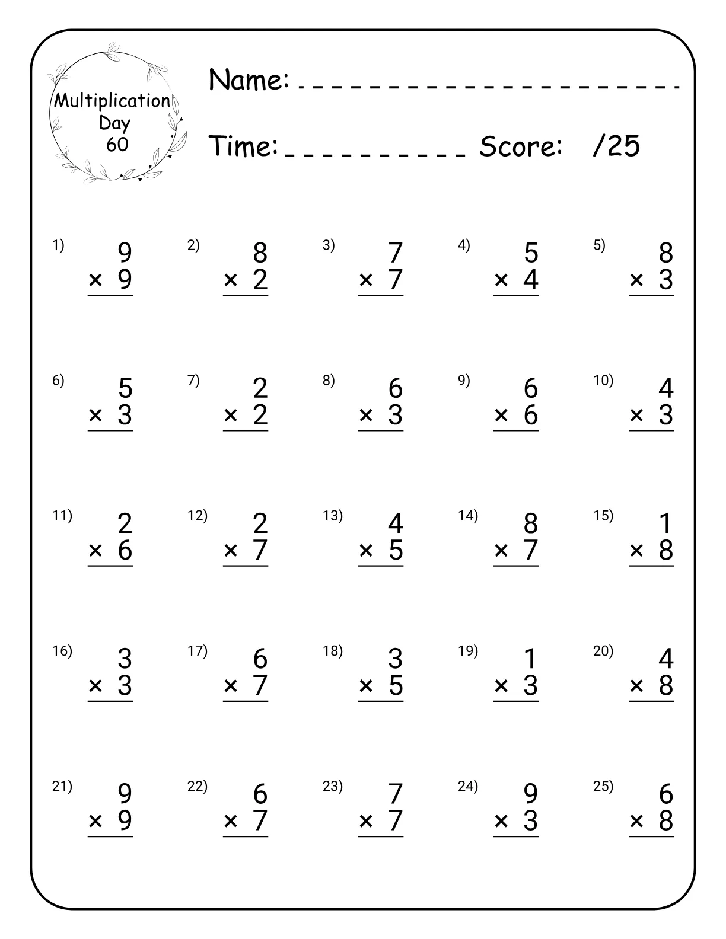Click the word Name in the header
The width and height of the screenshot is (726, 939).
[249, 80]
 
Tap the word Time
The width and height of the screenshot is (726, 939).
[244, 146]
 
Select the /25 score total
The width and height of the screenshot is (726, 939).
[616, 146]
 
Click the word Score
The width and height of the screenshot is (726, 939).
[521, 146]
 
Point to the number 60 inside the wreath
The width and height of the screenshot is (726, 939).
[117, 145]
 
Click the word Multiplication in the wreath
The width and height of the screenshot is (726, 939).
[113, 101]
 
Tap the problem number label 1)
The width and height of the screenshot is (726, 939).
[58, 245]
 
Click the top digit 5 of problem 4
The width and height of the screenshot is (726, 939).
[531, 253]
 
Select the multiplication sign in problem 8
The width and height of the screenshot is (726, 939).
[366, 416]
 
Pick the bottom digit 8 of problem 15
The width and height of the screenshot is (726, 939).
[666, 551]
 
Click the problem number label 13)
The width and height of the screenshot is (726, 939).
[333, 516]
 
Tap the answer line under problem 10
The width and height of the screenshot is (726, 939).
[651, 430]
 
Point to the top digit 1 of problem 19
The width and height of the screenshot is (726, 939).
[531, 659]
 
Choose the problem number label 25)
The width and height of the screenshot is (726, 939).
[603, 786]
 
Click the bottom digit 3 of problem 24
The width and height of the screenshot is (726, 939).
[531, 821]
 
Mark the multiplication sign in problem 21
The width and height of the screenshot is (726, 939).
[95, 822]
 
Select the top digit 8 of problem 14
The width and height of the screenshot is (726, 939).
[531, 523]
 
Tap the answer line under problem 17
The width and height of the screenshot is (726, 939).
[246, 701]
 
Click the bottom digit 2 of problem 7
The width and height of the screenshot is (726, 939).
[260, 415]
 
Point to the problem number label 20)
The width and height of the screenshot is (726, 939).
[603, 651]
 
